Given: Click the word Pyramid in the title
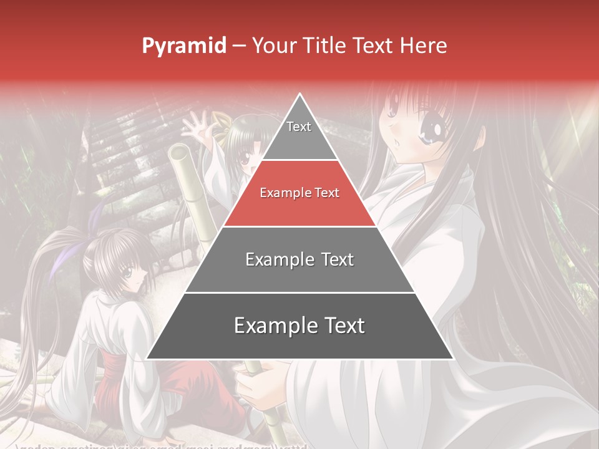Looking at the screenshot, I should tap(183, 46).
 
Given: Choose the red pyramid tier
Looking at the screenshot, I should tap(299, 193).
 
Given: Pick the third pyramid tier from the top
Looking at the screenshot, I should tap(299, 259).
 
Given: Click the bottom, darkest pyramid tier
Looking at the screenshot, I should tap(299, 326).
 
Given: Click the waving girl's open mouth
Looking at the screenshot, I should tap(249, 169).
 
